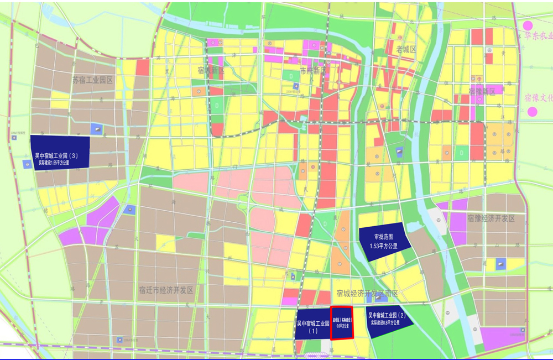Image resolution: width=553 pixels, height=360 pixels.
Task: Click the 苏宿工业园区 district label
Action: coord(92,80)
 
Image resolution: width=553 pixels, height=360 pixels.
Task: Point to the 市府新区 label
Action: coord(313,71)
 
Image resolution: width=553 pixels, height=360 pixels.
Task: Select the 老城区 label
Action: coord(405,50)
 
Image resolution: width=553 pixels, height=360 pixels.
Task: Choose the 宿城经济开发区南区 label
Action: coord(367,293)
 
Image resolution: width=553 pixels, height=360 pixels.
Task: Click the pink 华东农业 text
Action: coord(539,36)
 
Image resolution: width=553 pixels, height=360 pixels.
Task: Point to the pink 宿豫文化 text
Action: coord(539,98)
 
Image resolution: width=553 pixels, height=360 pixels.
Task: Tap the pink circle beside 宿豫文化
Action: coord(532,112)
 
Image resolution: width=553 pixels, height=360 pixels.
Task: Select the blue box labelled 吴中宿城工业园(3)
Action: coord(60,153)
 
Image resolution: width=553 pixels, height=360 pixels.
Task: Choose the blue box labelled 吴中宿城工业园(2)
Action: coord(388,319)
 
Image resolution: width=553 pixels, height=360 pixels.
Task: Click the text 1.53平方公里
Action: coord(384,246)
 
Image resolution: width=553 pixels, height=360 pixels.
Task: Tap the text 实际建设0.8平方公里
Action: coord(388,323)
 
